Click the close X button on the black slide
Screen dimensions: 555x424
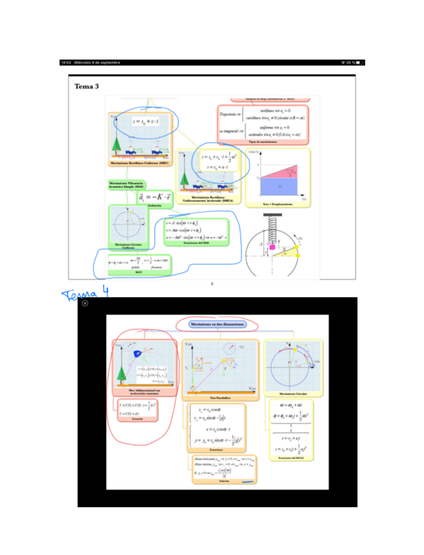[x=85, y=303]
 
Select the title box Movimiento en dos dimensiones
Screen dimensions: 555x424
[x=217, y=324]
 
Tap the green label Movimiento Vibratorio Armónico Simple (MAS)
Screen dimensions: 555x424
[x=127, y=186]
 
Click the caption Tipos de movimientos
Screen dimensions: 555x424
[x=262, y=141]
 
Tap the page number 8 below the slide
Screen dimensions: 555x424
[x=212, y=283]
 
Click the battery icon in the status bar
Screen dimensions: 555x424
[x=359, y=63]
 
